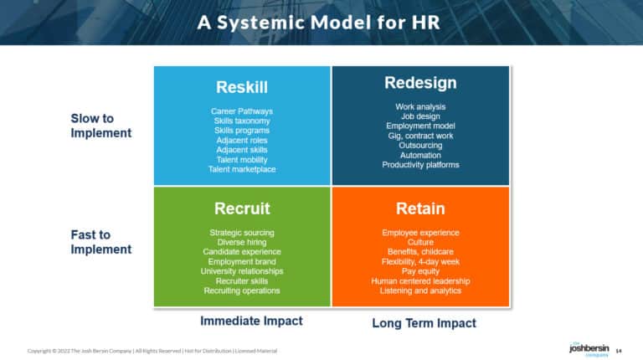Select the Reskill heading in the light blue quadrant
point(242,87)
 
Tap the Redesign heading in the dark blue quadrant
point(420,83)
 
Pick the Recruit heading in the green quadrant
point(242,208)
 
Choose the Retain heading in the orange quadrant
point(420,208)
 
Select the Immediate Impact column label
point(251,321)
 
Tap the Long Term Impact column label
point(424,323)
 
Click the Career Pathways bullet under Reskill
point(242,111)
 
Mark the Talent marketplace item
point(242,170)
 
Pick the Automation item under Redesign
point(420,155)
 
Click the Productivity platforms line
point(420,165)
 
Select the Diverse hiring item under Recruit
point(242,242)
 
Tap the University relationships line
point(242,271)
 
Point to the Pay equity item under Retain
point(420,271)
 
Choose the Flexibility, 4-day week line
point(420,261)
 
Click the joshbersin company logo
point(583,348)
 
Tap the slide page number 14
point(619,350)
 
